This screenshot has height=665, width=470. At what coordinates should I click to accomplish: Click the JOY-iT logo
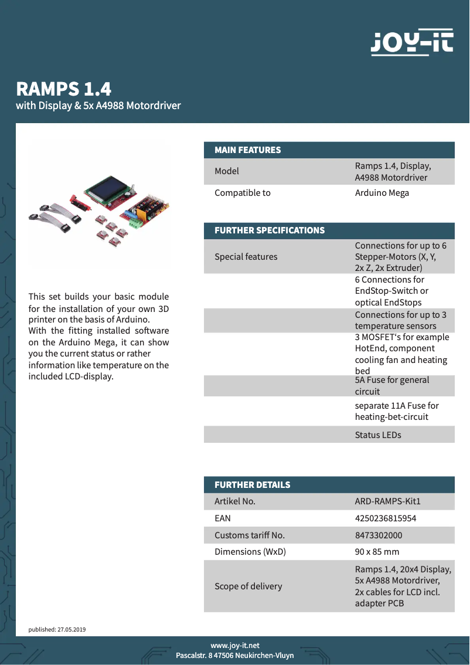tap(412, 43)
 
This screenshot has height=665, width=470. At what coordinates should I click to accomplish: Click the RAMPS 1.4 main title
tap(64, 89)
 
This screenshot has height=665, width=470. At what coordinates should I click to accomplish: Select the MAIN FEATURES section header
tap(247, 150)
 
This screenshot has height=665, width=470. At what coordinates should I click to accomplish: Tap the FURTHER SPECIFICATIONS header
tap(270, 230)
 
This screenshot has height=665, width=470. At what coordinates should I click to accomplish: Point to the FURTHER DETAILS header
tap(252, 485)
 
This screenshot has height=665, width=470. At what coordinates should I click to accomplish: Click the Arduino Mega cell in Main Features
tap(382, 193)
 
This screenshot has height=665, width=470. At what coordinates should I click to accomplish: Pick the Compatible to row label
tap(242, 193)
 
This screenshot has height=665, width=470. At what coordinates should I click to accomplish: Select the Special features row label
tap(246, 257)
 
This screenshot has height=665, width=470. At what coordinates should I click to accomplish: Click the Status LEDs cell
tap(377, 435)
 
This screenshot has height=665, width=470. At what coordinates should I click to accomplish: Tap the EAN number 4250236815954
tap(385, 518)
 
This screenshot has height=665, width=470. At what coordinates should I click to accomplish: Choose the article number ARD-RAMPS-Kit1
tap(387, 501)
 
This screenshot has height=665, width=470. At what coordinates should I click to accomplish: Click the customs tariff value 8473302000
tap(378, 535)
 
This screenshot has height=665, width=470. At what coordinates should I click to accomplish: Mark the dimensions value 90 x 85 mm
tap(376, 552)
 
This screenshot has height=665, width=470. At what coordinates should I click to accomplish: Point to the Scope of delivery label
tap(248, 586)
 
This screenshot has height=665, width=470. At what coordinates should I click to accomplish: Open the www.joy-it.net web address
tap(235, 646)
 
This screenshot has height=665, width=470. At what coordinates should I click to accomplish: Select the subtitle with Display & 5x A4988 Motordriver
tap(98, 106)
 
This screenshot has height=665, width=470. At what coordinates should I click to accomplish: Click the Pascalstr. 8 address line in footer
tap(235, 656)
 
